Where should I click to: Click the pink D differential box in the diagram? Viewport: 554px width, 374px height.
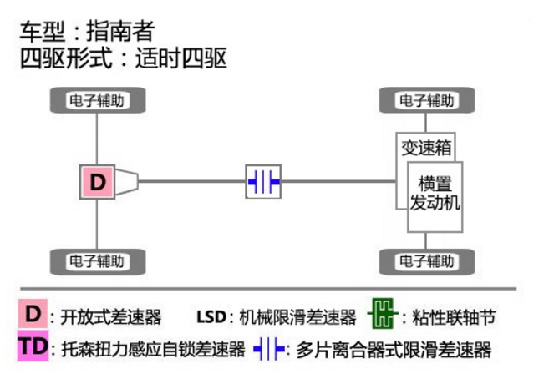click(98, 182)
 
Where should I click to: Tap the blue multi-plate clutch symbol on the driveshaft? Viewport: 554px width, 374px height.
click(263, 182)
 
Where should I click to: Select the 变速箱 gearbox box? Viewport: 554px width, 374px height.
click(426, 148)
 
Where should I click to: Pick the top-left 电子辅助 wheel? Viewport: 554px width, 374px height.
click(98, 101)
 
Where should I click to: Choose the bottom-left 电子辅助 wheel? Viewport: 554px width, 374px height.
click(98, 261)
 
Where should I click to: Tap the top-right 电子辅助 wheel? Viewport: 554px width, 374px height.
click(427, 101)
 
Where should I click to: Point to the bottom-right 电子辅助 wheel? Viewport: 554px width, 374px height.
click(427, 261)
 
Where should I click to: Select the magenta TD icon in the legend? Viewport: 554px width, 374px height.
click(32, 346)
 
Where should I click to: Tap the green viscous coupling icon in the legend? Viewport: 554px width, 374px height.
click(381, 316)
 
